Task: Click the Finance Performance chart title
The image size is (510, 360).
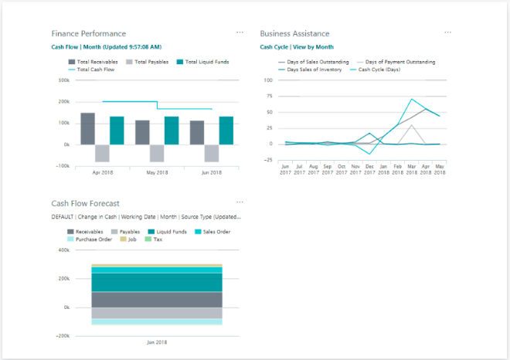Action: pos(87,34)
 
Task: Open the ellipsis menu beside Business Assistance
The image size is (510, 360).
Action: pos(448,32)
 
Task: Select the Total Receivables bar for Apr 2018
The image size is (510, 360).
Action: pos(88,128)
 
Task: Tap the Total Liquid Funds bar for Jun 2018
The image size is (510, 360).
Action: pos(226,131)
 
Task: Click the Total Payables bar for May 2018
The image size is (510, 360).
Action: pos(157,153)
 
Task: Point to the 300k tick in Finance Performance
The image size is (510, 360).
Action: pos(63,80)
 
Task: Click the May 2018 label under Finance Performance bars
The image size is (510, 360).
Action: pos(157,172)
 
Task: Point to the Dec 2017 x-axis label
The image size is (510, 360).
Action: pos(370,169)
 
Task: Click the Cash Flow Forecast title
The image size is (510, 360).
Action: pos(85,204)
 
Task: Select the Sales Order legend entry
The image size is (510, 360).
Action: pos(212,231)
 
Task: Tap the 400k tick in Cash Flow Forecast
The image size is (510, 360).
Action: pos(63,250)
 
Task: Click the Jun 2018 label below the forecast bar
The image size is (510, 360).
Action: pos(157,342)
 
